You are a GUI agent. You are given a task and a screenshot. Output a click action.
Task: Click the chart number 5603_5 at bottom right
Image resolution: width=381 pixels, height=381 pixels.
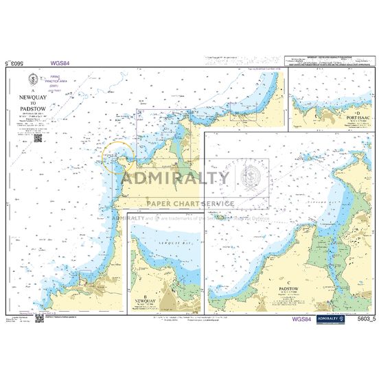tap(367, 319)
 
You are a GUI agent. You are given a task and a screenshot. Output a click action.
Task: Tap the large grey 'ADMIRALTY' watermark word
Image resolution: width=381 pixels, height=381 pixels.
tap(176, 179)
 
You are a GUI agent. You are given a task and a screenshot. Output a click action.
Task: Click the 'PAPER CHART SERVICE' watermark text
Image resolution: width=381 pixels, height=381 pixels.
tap(189, 203)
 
